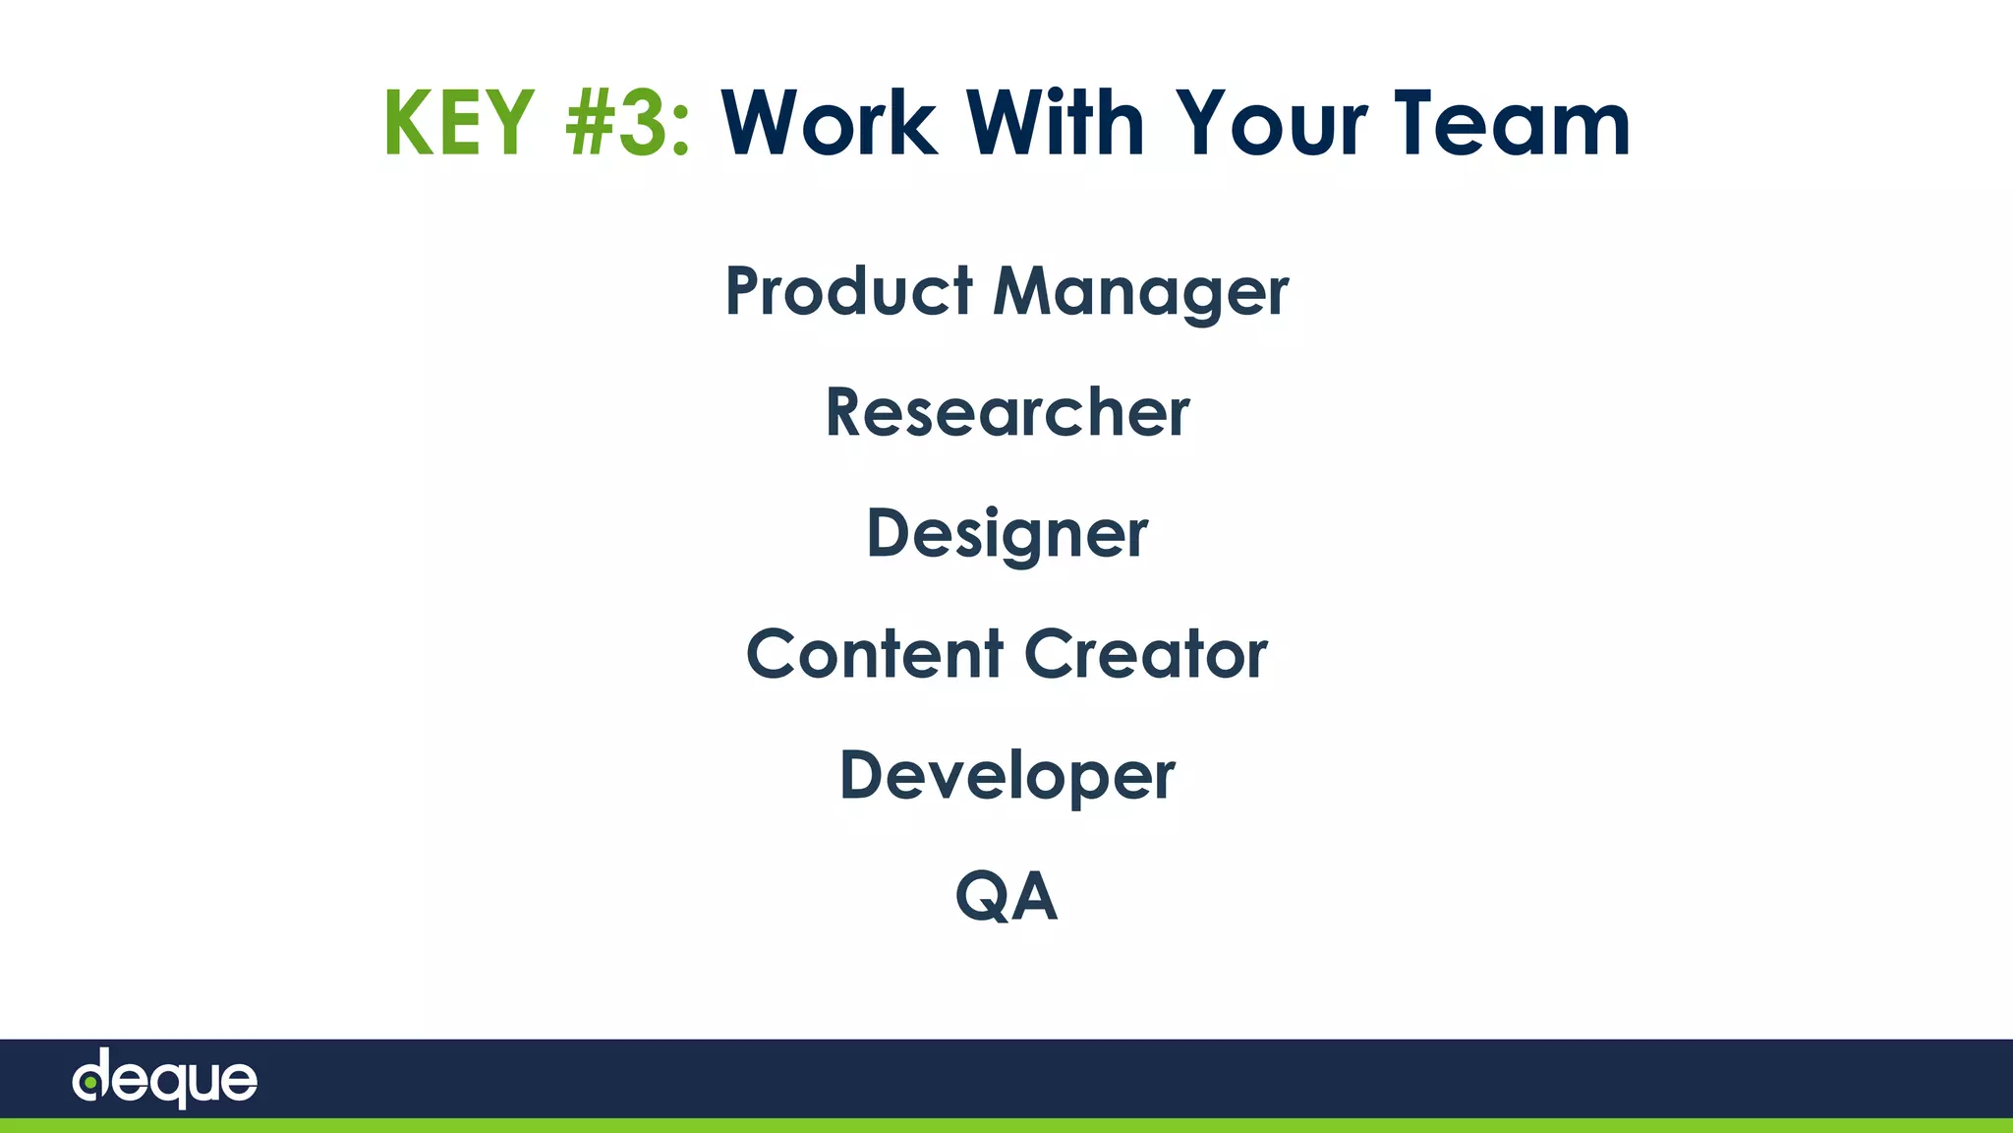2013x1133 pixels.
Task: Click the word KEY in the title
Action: [459, 124]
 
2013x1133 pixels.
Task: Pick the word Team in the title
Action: [1513, 124]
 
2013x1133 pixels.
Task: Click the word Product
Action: [849, 291]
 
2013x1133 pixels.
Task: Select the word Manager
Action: [1140, 293]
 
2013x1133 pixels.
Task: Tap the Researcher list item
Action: [1006, 412]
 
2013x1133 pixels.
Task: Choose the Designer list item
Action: [1006, 534]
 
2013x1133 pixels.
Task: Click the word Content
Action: [875, 654]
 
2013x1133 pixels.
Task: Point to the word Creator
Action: [1145, 654]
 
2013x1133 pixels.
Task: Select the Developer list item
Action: [1006, 776]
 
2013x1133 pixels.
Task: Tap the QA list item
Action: [1006, 896]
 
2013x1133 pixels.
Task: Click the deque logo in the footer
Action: [164, 1079]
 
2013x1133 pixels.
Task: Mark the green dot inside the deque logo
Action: [89, 1083]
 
